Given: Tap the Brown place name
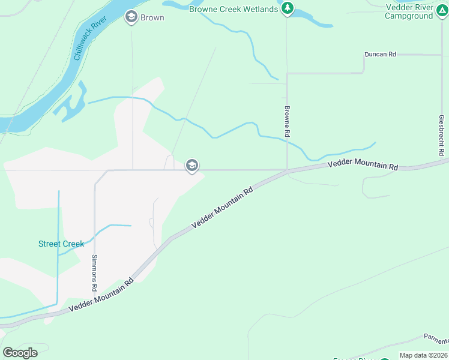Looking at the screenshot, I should (x=152, y=17).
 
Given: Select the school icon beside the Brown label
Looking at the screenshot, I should (x=131, y=17).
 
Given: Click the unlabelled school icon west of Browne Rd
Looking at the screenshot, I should (x=192, y=165).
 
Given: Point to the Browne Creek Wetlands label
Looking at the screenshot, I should (x=234, y=9).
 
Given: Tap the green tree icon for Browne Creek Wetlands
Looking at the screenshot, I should (x=288, y=8).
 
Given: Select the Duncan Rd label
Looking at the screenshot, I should (x=381, y=54).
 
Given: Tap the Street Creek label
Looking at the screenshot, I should (x=61, y=244).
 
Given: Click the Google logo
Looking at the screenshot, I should (x=20, y=352).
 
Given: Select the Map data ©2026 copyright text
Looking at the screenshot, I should (x=423, y=355).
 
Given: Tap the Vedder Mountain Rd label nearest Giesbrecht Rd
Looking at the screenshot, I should (x=363, y=164).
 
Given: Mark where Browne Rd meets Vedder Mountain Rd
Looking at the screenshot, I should (x=288, y=171).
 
